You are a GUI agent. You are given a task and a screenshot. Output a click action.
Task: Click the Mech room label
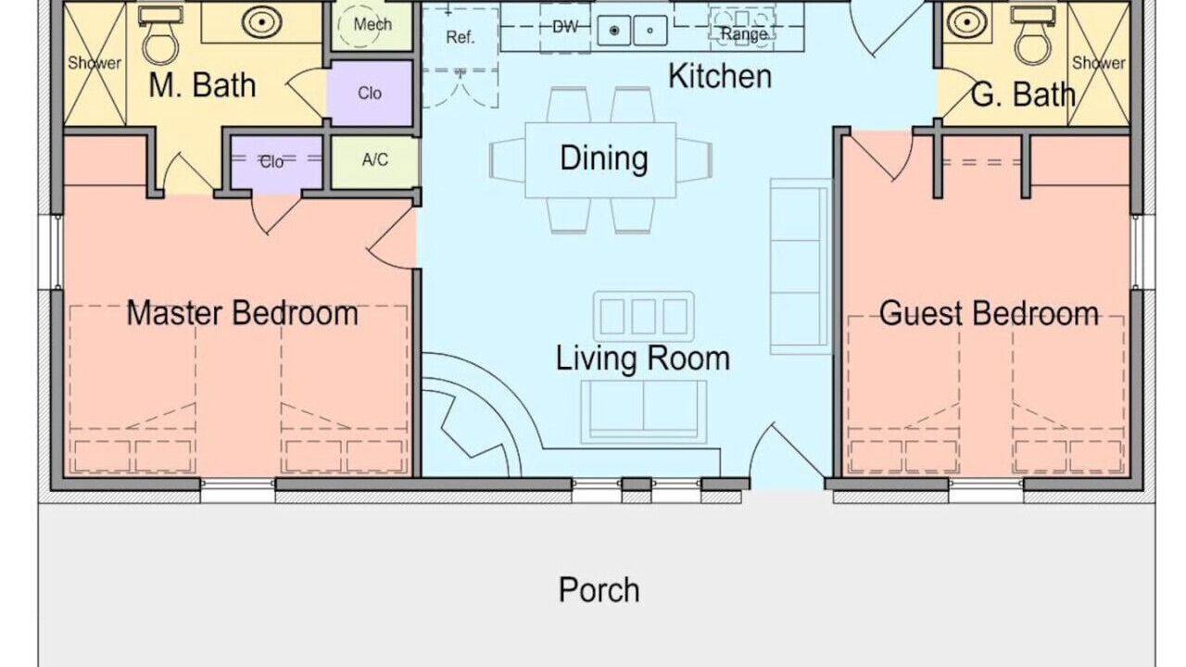click(x=372, y=24)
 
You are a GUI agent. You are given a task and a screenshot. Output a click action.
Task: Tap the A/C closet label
click(x=375, y=159)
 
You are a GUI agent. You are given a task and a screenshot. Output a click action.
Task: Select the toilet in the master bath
click(x=160, y=34)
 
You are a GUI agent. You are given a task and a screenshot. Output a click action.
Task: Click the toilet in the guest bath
click(x=1032, y=34)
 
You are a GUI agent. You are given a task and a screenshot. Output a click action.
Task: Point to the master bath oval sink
click(x=261, y=22)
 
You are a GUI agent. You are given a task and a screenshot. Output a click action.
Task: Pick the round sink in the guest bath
click(x=966, y=22)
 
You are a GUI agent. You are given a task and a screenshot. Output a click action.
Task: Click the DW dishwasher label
click(x=565, y=27)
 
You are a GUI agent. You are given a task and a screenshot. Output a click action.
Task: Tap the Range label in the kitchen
click(x=744, y=34)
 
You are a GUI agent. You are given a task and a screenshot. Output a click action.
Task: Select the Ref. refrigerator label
click(x=461, y=37)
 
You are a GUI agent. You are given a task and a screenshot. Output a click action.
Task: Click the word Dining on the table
click(x=604, y=158)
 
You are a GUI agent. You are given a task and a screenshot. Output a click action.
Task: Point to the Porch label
click(x=599, y=590)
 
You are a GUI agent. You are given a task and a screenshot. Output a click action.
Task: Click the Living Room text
click(x=643, y=359)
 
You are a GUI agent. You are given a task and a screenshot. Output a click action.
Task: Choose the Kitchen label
click(x=720, y=76)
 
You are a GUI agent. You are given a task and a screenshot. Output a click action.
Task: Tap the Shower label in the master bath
click(x=95, y=63)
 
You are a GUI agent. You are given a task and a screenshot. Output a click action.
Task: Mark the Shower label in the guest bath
click(x=1099, y=63)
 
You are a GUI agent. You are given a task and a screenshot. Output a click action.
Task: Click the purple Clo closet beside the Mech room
click(x=370, y=94)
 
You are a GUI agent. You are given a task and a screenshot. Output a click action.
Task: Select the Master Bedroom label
click(x=243, y=313)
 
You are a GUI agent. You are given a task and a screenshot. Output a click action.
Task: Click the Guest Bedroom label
click(x=989, y=313)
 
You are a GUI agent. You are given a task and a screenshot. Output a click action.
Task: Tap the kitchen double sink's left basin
click(x=614, y=31)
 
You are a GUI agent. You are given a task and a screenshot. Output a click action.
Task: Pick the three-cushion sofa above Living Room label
click(x=643, y=316)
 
